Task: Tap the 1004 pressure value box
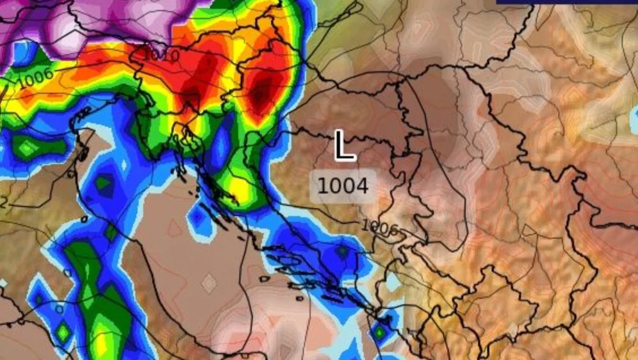click(x=343, y=186)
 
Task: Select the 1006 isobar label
click(x=35, y=79)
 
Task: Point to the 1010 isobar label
click(x=160, y=55)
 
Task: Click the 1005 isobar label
click(x=379, y=227)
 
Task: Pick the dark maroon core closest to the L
click(x=260, y=93)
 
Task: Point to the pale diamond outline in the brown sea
click(x=209, y=281)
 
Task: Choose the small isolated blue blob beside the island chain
click(x=198, y=217)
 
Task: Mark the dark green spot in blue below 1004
click(x=343, y=251)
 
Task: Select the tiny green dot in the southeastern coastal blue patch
click(x=380, y=331)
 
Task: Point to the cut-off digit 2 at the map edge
click(x=3, y=203)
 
